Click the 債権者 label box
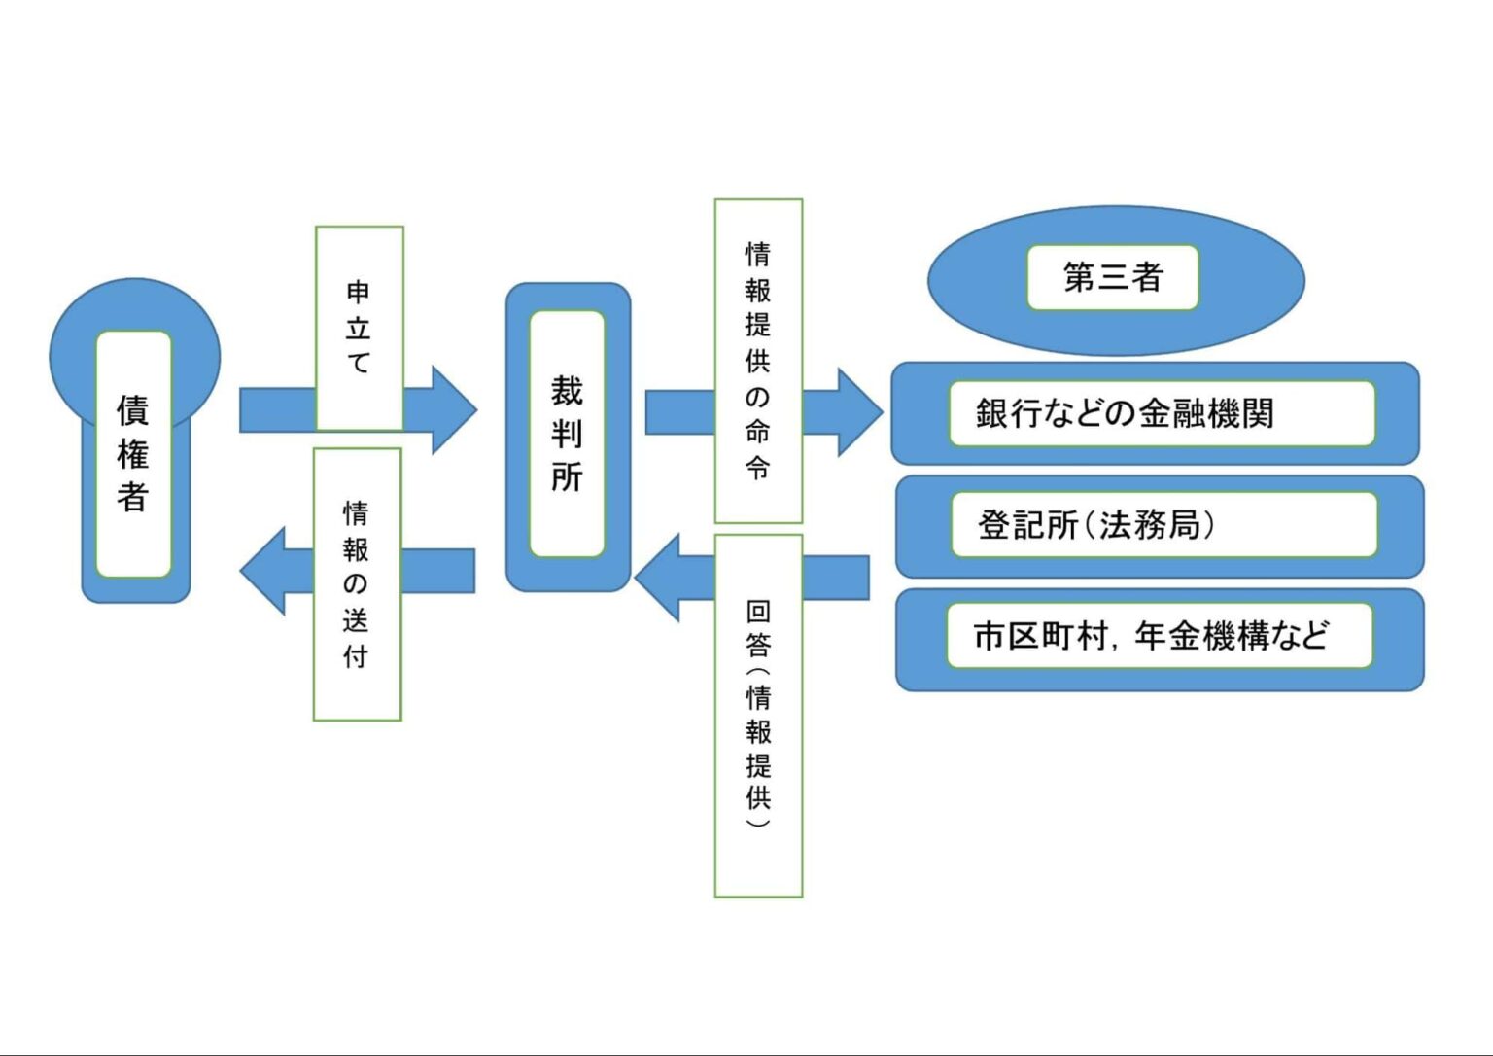pyautogui.click(x=133, y=454)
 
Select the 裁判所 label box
pyautogui.click(x=567, y=434)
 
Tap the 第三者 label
pyautogui.click(x=1112, y=278)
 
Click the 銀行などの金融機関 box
pyautogui.click(x=1161, y=413)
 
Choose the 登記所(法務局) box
pyautogui.click(x=1163, y=525)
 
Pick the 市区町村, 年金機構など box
pyautogui.click(x=1159, y=636)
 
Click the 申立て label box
pyautogui.click(x=359, y=328)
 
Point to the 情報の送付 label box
pyautogui.click(x=357, y=583)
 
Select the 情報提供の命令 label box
pyautogui.click(x=758, y=361)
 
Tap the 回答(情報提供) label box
pyautogui.click(x=758, y=715)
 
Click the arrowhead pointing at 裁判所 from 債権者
pyautogui.click(x=452, y=409)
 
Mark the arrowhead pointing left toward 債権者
pyautogui.click(x=264, y=571)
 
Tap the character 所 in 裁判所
pyautogui.click(x=567, y=476)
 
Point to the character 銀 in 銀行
pyautogui.click(x=992, y=413)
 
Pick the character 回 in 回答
pyautogui.click(x=758, y=612)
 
